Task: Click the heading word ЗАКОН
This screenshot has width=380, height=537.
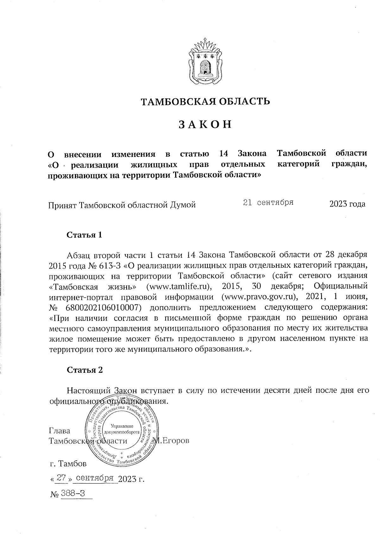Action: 205,125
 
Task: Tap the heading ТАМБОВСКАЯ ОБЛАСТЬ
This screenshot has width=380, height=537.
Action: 205,101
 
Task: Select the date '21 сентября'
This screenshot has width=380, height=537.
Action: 268,203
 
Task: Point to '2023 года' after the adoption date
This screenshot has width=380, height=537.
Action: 347,204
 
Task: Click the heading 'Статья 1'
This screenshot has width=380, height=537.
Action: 85,235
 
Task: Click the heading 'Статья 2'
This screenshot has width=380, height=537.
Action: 85,370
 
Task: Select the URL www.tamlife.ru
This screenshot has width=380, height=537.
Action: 179,286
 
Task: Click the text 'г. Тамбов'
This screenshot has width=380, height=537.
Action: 68,464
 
